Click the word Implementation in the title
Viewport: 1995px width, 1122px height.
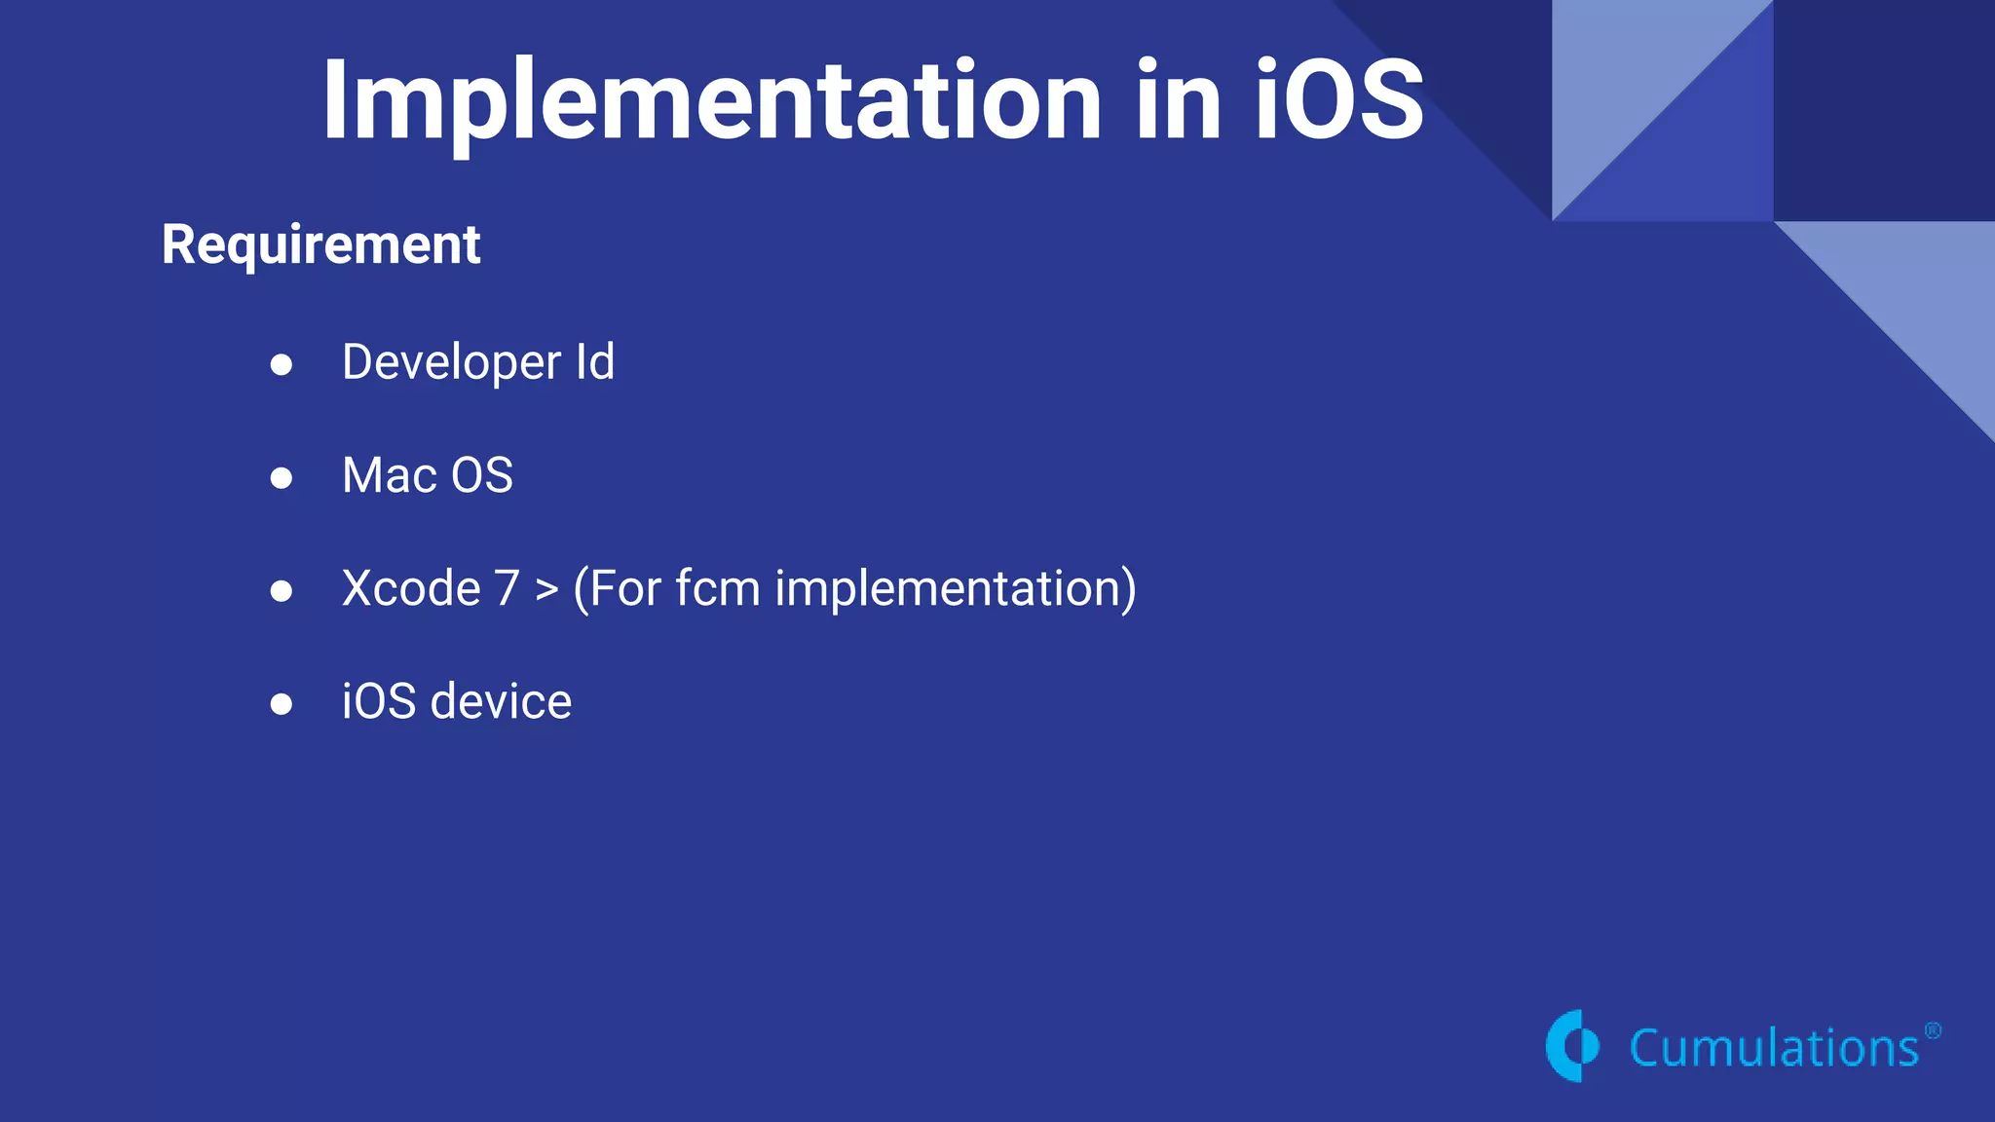[x=711, y=101]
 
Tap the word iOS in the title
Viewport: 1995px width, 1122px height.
[x=1338, y=99]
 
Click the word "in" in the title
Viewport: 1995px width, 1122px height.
[x=1178, y=99]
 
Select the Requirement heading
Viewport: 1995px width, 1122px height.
[x=320, y=244]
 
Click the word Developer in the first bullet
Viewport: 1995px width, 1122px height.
[x=451, y=363]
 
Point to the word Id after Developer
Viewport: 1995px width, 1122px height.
[x=594, y=362]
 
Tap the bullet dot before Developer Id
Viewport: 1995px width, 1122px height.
[x=282, y=365]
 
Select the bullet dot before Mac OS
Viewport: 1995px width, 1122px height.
[x=282, y=478]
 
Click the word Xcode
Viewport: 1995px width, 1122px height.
[x=411, y=589]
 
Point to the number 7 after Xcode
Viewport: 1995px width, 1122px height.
[x=507, y=589]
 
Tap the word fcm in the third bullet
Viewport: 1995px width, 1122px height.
[x=717, y=589]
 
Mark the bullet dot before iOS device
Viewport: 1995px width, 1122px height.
[x=282, y=704]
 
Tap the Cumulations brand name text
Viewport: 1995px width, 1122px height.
[x=1773, y=1049]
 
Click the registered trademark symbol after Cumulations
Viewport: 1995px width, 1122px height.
[x=1933, y=1030]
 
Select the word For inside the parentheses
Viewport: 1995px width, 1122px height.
[x=619, y=589]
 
